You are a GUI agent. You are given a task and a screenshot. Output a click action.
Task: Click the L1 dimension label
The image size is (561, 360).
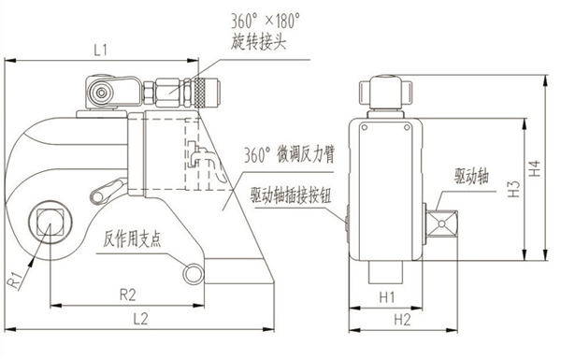click(101, 50)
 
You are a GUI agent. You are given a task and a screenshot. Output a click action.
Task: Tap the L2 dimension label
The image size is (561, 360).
click(140, 318)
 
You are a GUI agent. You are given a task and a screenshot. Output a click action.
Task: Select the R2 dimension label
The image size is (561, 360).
click(128, 295)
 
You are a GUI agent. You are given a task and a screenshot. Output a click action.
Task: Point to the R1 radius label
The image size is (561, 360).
click(15, 281)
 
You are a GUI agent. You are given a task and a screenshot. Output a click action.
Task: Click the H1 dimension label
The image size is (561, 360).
click(387, 296)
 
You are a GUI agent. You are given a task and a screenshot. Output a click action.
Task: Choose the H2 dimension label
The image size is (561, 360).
click(402, 320)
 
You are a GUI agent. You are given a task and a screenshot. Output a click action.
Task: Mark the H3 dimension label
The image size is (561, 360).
click(513, 189)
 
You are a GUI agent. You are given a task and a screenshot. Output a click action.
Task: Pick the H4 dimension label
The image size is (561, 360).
click(535, 168)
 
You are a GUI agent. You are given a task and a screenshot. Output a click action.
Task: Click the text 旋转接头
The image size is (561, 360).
click(258, 42)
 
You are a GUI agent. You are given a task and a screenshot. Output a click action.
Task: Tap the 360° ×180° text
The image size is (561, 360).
click(265, 22)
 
